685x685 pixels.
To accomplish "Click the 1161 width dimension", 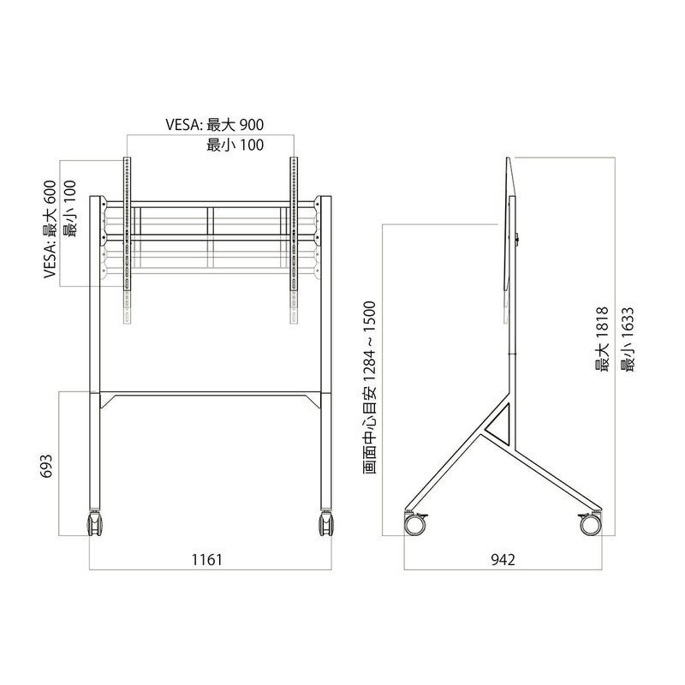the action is click(x=207, y=559).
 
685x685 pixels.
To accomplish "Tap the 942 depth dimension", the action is click(x=503, y=559).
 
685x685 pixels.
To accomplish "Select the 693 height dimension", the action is click(x=46, y=466).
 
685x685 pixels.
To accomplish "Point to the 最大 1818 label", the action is click(x=602, y=339).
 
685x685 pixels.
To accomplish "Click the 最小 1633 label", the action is click(x=627, y=339).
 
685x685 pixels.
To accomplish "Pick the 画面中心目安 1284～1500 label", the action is click(x=369, y=388).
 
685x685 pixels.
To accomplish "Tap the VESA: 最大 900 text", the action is click(x=215, y=124).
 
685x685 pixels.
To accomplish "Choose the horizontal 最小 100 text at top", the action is click(x=235, y=145).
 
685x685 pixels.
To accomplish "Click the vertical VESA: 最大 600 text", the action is click(x=50, y=229).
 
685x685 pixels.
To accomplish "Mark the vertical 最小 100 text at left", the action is click(x=69, y=209).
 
